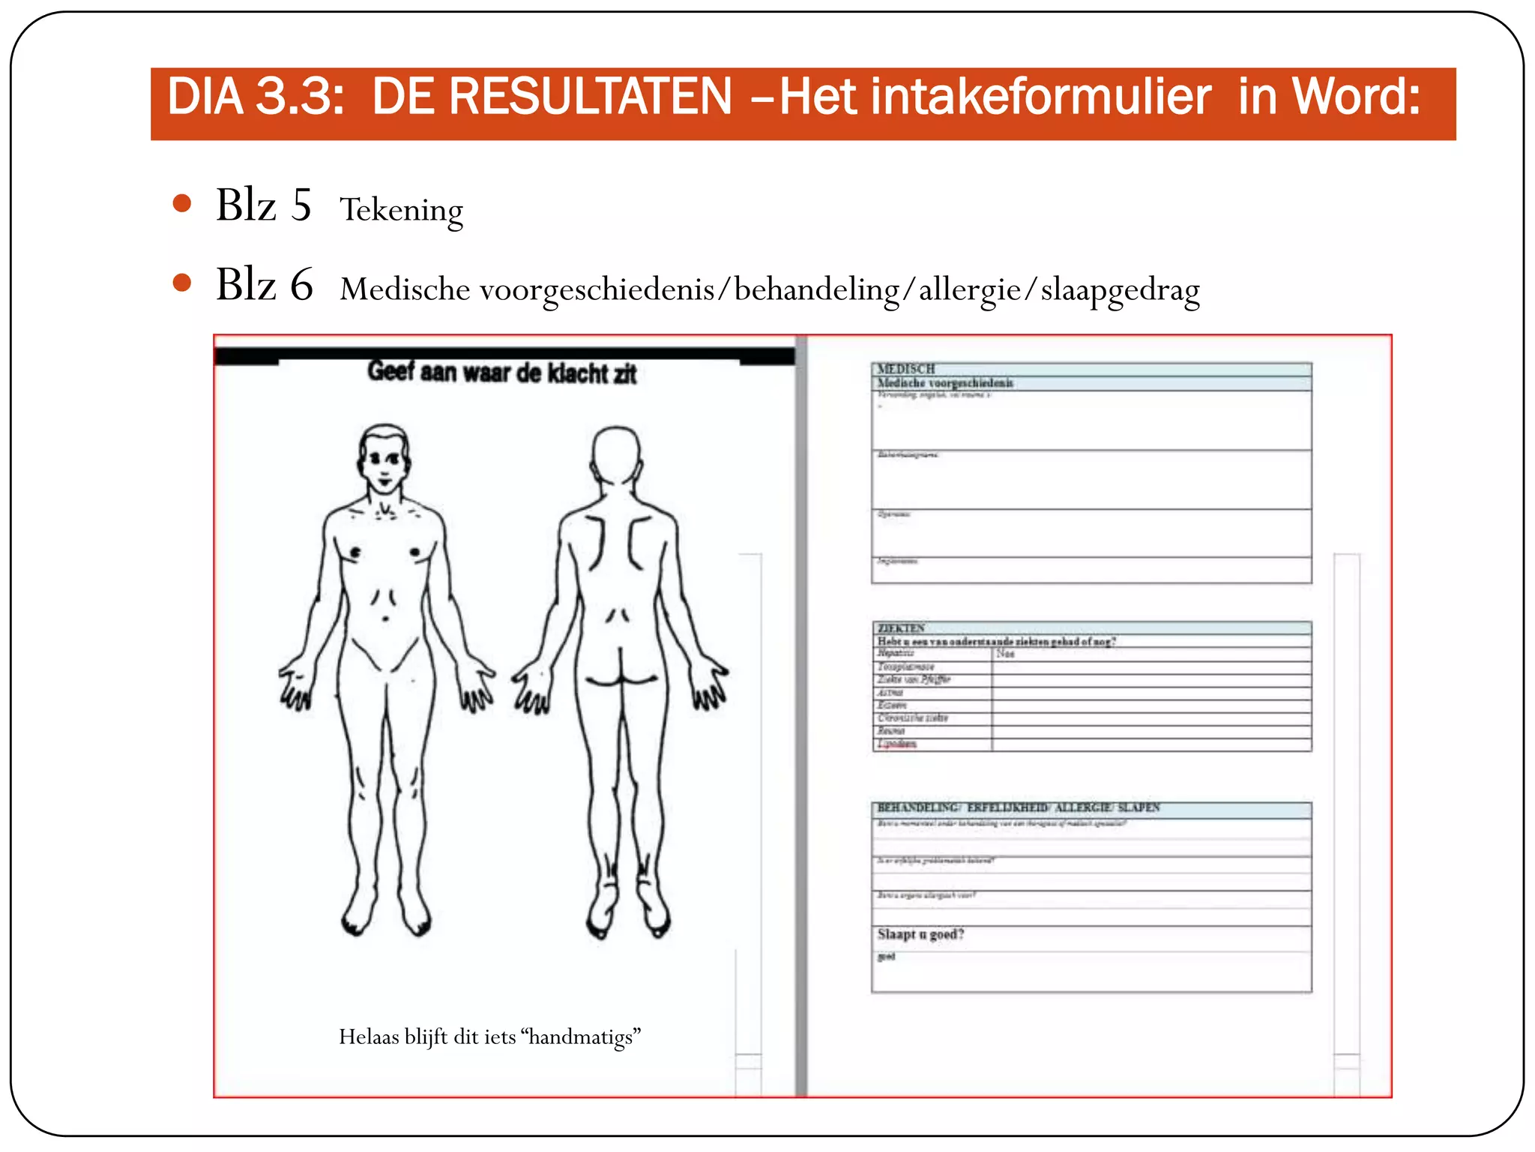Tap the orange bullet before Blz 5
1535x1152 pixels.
(181, 203)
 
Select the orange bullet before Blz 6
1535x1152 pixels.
(181, 283)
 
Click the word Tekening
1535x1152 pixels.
(401, 210)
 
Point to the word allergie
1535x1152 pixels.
(969, 289)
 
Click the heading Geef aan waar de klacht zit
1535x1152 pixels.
(501, 373)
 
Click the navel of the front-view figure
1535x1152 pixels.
(385, 619)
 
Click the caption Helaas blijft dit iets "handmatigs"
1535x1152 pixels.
(489, 1037)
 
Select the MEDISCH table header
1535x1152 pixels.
(906, 369)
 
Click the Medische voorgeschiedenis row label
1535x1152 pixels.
(945, 383)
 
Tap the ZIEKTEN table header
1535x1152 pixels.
(901, 628)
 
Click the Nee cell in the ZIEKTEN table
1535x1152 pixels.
(1005, 654)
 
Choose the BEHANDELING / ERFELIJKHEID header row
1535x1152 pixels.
(1018, 808)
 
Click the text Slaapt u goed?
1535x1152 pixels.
(920, 934)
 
